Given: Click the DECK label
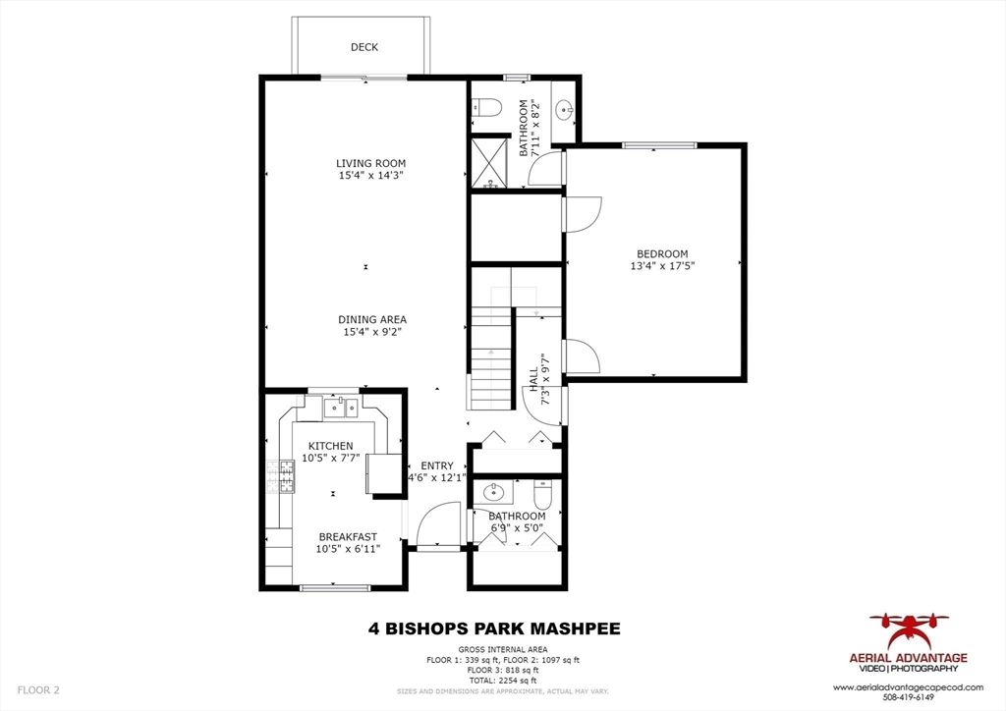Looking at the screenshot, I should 363,47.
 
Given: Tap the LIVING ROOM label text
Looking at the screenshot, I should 370,163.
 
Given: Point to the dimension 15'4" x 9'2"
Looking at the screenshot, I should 371,333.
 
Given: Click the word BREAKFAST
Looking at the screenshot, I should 347,536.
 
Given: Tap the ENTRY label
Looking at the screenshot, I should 437,465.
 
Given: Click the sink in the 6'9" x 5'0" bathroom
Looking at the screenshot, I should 492,492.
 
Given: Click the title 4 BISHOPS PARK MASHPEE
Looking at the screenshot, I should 494,629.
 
